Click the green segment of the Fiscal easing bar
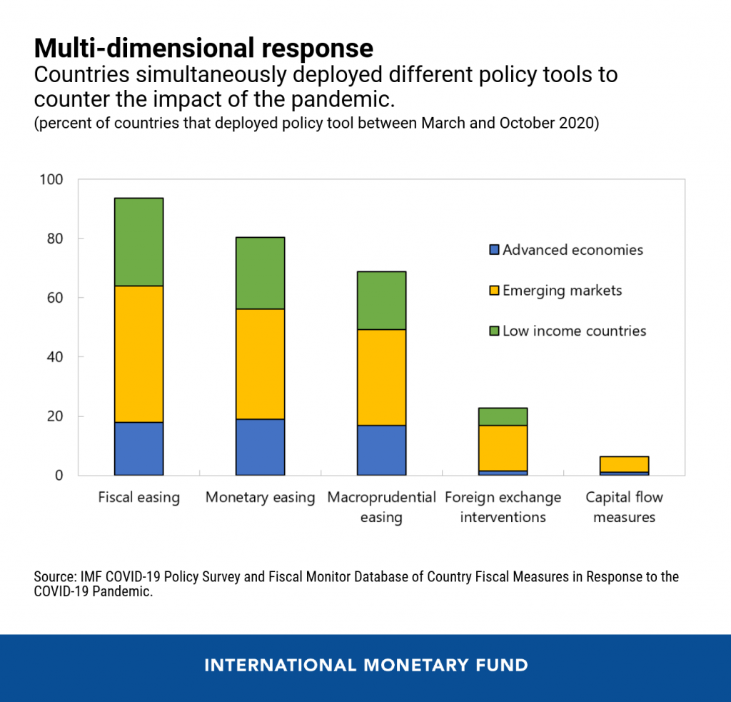(x=139, y=242)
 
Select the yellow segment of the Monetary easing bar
(x=261, y=363)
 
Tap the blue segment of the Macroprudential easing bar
(x=382, y=450)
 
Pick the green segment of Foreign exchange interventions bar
(x=503, y=416)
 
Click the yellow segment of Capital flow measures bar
(x=625, y=464)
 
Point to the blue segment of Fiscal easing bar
(x=139, y=448)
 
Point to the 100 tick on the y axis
(x=53, y=179)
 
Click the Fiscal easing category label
(x=139, y=497)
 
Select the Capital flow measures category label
(x=625, y=506)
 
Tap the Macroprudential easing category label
(x=382, y=506)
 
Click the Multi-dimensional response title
(x=203, y=48)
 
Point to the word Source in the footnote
(x=53, y=576)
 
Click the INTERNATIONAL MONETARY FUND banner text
(x=365, y=666)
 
